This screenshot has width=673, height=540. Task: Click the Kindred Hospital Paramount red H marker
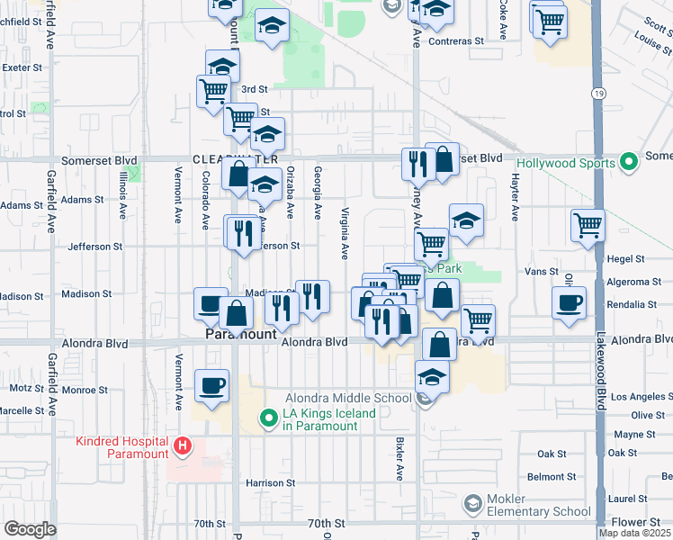(183, 445)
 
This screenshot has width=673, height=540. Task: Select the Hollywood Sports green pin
(629, 163)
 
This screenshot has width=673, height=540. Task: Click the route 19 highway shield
(598, 93)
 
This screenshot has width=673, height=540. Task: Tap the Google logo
(30, 529)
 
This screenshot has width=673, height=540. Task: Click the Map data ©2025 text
(634, 533)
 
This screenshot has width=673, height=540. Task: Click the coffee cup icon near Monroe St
(212, 386)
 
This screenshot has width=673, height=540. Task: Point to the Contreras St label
(456, 41)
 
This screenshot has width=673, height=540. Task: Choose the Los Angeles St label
(641, 397)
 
